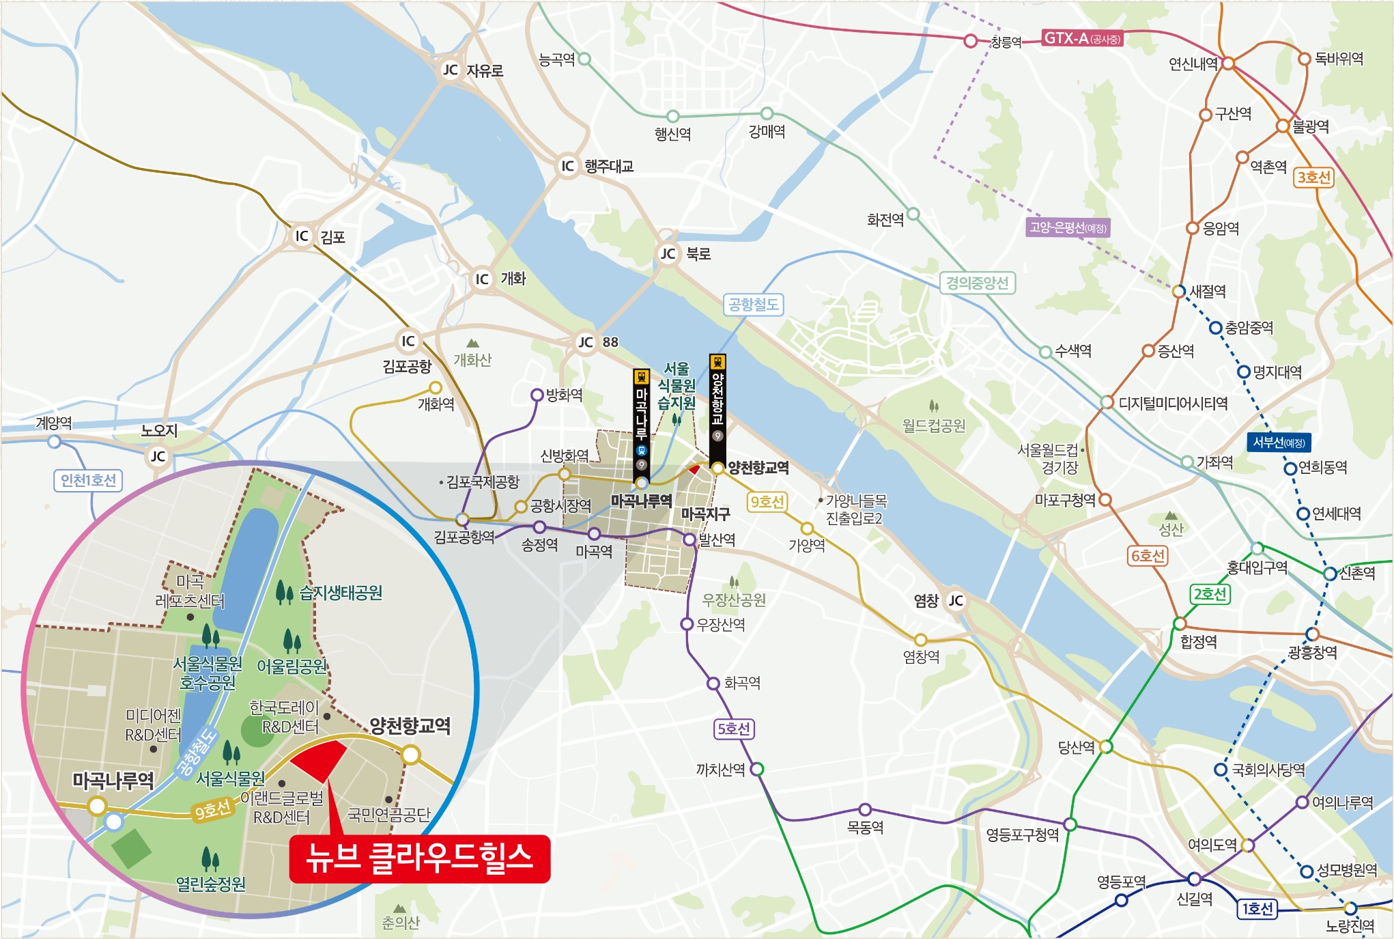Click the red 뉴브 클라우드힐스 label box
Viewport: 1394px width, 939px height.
coord(419,858)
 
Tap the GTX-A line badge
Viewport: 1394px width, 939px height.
coord(1082,38)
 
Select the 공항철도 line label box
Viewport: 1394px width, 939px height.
coord(753,305)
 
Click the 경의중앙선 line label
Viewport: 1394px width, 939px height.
coord(977,283)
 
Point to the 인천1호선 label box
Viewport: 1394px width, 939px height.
coord(88,480)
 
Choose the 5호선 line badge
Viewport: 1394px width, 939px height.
coord(733,729)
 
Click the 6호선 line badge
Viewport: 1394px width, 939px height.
coord(1148,556)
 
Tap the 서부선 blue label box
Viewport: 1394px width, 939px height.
coord(1279,443)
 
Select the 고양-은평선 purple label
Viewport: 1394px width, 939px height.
coord(1068,227)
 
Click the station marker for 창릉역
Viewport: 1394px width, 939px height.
coord(970,41)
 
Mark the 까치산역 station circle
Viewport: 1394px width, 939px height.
coord(756,770)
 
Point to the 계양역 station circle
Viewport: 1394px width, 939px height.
coord(55,442)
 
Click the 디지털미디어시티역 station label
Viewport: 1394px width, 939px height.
coord(1173,404)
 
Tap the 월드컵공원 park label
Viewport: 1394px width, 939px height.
coord(933,426)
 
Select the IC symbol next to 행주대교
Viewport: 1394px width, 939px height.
coord(567,166)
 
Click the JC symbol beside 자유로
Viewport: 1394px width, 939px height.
coord(451,70)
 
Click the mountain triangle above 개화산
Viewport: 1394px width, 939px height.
coord(472,343)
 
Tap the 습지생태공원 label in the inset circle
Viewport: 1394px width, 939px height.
coord(341,593)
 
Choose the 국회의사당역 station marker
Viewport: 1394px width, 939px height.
coord(1221,770)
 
